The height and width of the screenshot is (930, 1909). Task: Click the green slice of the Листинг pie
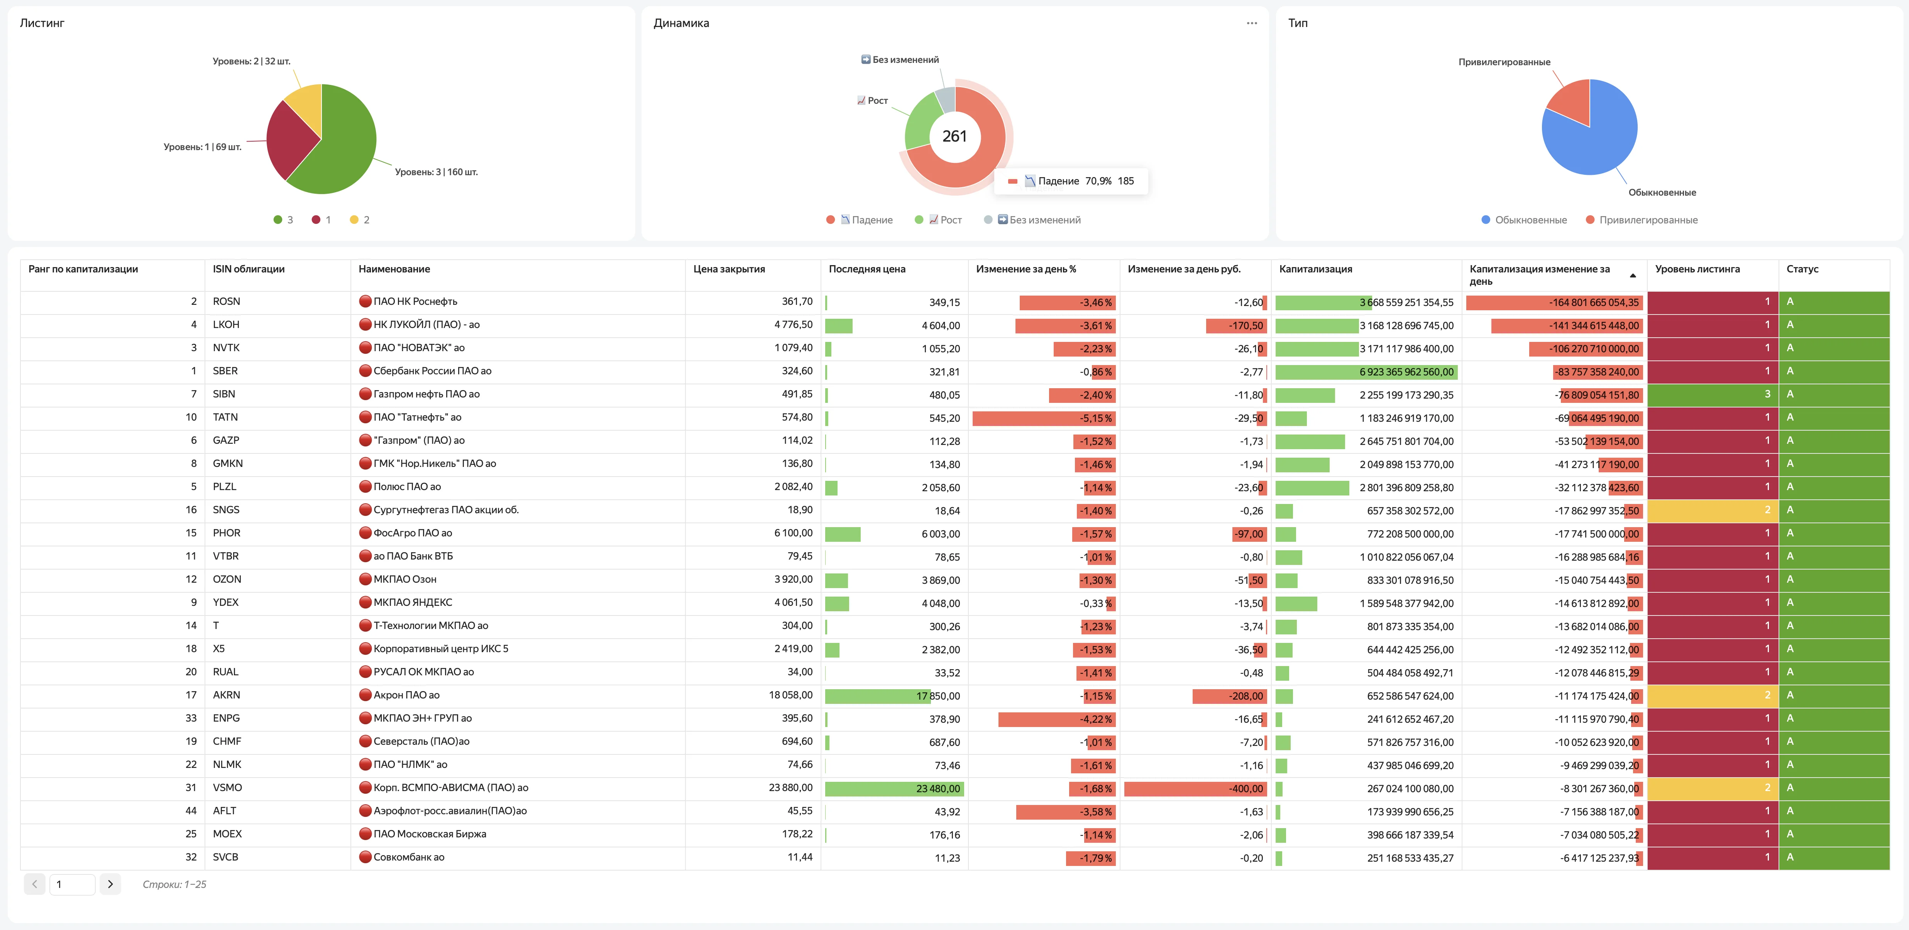(341, 148)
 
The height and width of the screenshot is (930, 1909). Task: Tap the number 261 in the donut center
(954, 136)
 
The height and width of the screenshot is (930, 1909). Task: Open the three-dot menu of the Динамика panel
(1252, 23)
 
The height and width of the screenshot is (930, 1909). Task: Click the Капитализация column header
(1315, 269)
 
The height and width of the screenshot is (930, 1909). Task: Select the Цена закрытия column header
(729, 269)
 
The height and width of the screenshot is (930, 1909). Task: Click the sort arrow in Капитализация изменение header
(1633, 276)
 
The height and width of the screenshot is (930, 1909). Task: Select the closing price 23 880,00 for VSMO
(791, 788)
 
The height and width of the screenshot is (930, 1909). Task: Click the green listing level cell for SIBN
(1713, 394)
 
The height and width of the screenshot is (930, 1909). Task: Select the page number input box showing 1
(72, 884)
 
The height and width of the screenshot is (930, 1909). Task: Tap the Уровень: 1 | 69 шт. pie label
(202, 147)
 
